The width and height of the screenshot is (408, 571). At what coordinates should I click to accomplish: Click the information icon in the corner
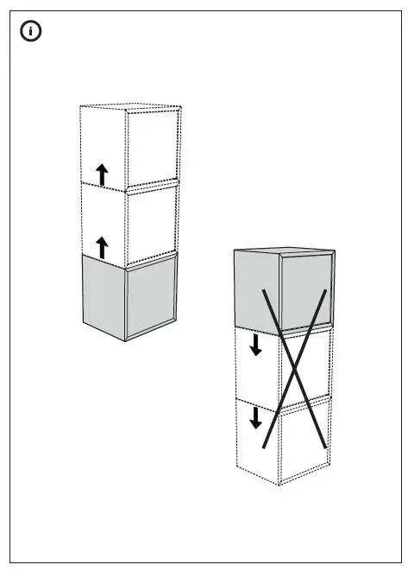(32, 32)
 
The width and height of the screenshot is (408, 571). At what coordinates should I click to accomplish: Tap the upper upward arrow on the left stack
(102, 174)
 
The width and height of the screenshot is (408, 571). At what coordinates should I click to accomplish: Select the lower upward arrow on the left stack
(102, 248)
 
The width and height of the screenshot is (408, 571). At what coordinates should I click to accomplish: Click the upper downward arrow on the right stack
(255, 346)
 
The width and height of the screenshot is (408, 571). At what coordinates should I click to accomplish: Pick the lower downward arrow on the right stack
(255, 418)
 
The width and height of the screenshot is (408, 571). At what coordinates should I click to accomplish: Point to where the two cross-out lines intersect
(295, 371)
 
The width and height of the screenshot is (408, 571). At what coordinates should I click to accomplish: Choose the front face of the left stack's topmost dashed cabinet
(153, 147)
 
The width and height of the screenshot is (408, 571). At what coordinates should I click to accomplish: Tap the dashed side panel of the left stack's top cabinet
(103, 143)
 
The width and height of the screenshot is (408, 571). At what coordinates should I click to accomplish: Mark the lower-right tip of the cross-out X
(325, 447)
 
